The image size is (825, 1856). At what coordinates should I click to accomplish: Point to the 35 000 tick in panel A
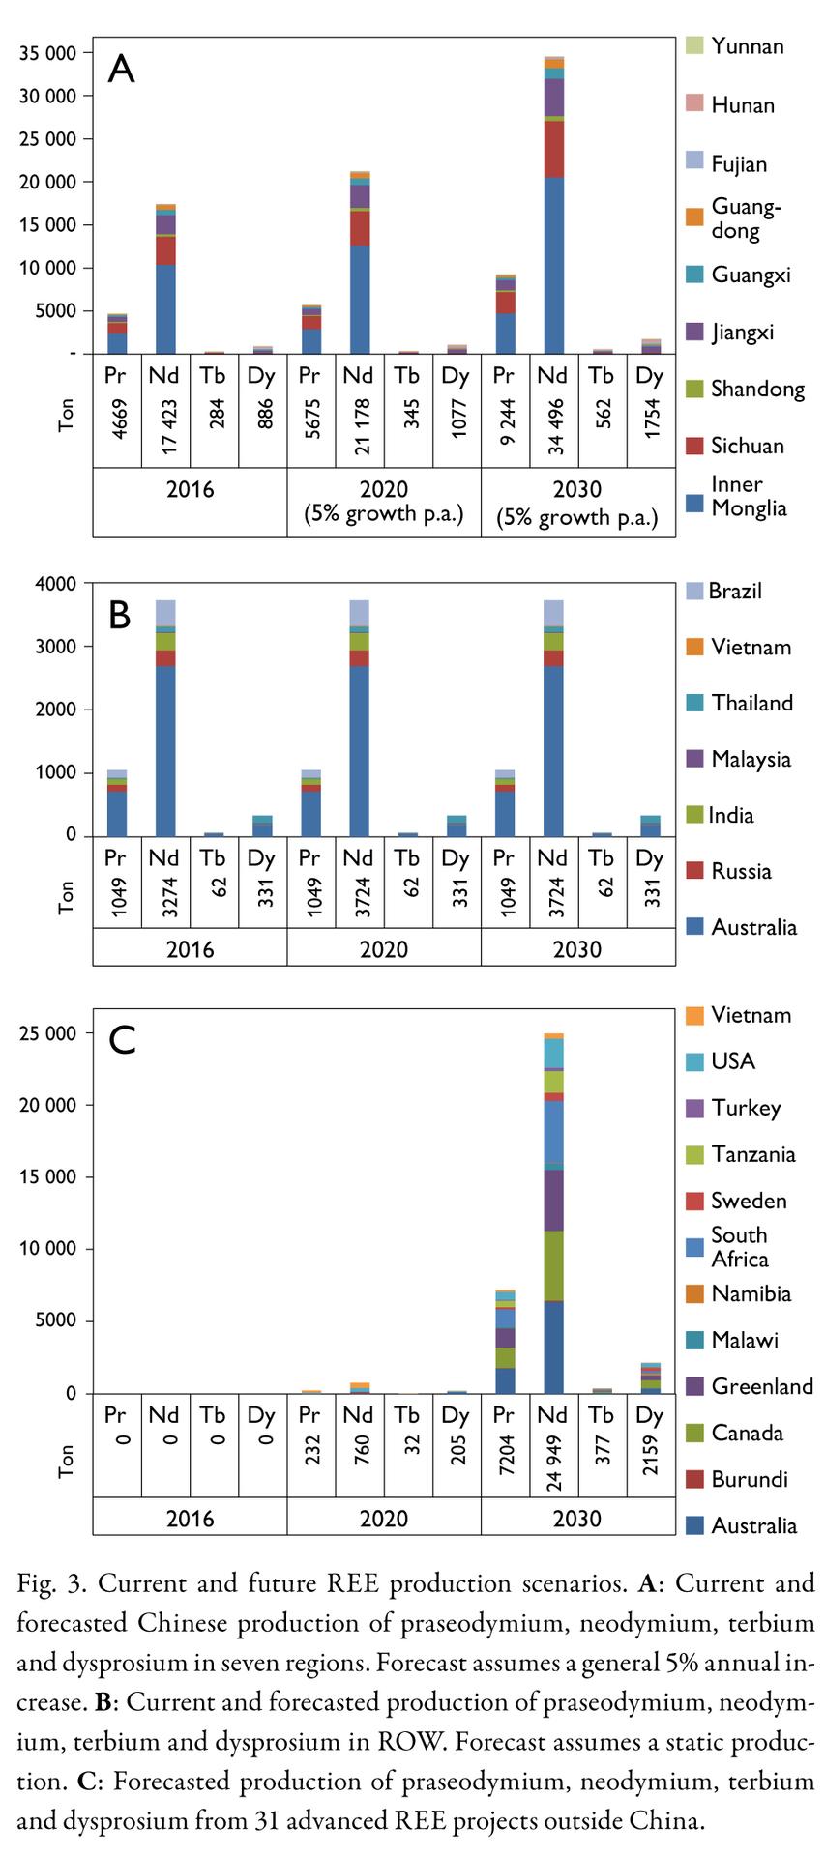coord(47,53)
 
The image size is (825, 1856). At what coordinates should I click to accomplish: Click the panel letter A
coord(121,69)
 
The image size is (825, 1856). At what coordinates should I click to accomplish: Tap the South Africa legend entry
coord(740,1247)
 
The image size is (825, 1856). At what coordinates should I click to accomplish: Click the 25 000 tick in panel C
coord(47,1033)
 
